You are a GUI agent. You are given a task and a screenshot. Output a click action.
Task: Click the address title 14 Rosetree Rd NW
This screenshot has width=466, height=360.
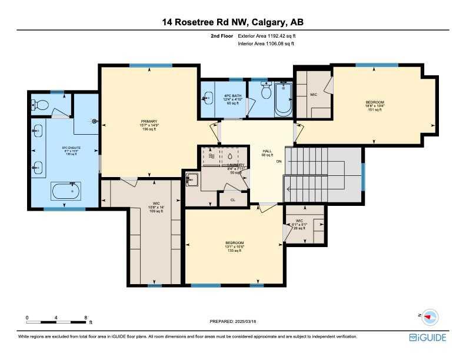233,22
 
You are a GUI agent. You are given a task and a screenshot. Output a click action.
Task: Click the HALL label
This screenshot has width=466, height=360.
266,153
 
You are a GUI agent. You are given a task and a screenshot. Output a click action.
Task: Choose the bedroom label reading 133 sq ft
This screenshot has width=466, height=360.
234,246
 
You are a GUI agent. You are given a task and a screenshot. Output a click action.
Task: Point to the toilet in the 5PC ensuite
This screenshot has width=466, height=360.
41,105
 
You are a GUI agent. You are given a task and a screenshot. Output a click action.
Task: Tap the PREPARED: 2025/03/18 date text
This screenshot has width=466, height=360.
233,321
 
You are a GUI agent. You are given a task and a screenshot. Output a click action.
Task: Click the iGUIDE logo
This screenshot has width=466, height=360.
428,338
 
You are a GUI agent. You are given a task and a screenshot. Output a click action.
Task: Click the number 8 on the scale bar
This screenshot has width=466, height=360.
86,318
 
